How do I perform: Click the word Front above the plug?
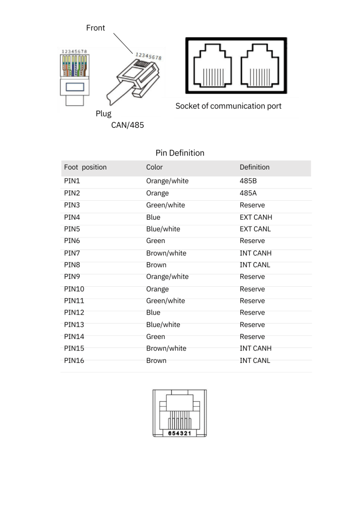95,28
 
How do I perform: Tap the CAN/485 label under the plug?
127,125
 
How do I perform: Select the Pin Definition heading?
180,153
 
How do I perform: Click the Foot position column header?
85,168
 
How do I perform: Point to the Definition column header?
255,168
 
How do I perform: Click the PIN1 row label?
72,181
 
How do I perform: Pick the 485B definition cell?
248,181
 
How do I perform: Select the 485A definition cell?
248,193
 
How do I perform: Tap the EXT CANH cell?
256,217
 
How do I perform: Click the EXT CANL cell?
255,229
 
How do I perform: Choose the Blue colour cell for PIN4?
153,217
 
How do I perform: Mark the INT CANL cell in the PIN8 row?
255,265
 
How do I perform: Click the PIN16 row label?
74,361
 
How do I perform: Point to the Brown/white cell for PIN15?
166,348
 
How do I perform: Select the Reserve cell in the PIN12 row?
252,313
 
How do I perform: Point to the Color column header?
154,168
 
